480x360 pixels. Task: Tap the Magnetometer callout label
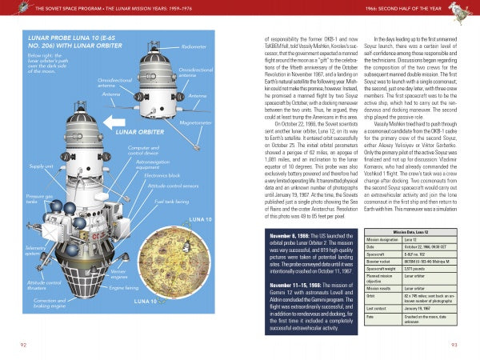(x=196, y=123)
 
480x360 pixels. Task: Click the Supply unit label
(x=42, y=166)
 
